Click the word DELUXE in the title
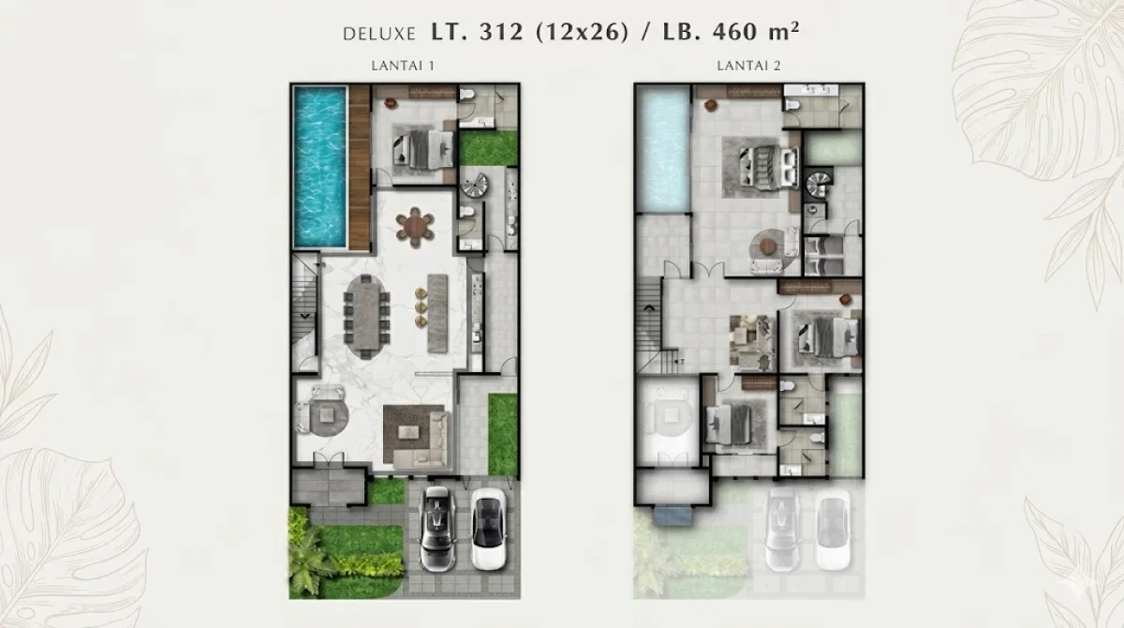(x=380, y=34)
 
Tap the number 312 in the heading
(x=500, y=32)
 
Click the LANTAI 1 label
(x=397, y=66)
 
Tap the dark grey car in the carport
(x=437, y=529)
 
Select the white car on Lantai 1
(x=486, y=529)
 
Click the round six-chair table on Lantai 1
(x=415, y=226)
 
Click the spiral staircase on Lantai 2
(x=819, y=182)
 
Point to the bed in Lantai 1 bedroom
(x=427, y=147)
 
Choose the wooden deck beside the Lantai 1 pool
(x=359, y=169)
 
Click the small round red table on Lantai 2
(x=768, y=247)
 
